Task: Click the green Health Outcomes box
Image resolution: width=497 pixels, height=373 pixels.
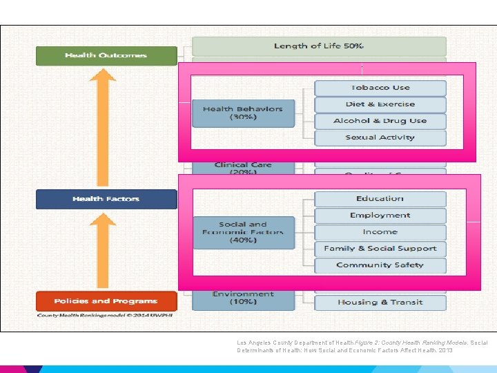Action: [x=106, y=55]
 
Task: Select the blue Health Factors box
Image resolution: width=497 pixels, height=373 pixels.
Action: [x=106, y=199]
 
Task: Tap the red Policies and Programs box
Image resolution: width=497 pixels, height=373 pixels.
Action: [x=106, y=301]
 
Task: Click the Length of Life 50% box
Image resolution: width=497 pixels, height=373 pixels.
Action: [x=319, y=46]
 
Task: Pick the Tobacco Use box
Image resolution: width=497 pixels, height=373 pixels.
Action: [x=380, y=88]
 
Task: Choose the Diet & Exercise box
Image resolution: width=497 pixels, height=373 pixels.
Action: [x=380, y=104]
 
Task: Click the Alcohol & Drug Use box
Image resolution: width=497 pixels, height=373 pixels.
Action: [x=380, y=121]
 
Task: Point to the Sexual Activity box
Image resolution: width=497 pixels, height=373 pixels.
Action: [x=380, y=137]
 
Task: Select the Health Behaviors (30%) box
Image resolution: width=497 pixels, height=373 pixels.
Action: [x=243, y=113]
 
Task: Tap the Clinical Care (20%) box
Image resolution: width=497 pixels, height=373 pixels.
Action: [x=243, y=168]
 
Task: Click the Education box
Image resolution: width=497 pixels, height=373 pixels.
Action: [x=380, y=199]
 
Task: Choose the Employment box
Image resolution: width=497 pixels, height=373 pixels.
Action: [x=380, y=216]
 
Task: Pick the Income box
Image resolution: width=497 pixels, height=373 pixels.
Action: [x=380, y=232]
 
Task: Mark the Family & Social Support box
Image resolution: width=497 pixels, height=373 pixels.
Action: [x=380, y=249]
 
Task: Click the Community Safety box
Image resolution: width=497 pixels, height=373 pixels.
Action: [x=380, y=265]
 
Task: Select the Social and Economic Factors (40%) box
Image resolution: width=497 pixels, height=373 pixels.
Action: [x=243, y=233]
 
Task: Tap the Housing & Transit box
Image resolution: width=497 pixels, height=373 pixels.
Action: [x=380, y=303]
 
